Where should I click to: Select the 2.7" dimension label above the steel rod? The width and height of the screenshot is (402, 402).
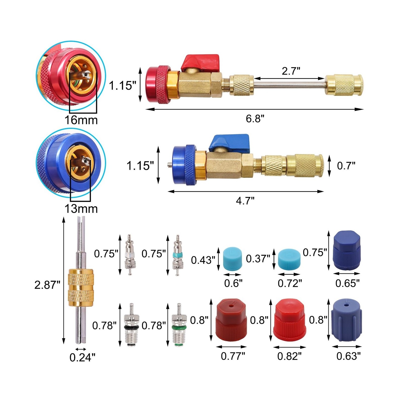click(291, 71)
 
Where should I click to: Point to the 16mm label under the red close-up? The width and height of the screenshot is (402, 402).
click(81, 120)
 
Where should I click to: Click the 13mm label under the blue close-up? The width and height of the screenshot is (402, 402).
click(81, 209)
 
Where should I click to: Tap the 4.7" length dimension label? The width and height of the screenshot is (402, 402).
click(245, 201)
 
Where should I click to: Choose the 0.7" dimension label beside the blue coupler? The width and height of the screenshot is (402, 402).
click(346, 166)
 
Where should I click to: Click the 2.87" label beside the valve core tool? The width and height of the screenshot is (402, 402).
click(47, 285)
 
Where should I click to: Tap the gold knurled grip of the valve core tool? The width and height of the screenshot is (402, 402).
click(81, 287)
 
